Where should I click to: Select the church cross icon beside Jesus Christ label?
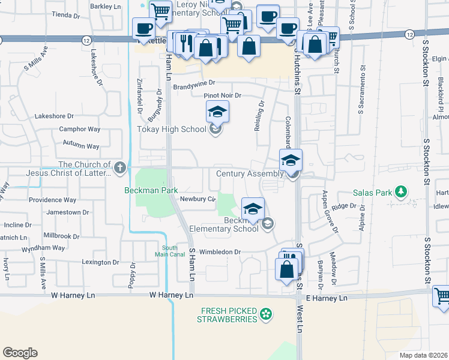pyautogui.click(x=120, y=168)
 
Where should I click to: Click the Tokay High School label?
pyautogui.click(x=171, y=129)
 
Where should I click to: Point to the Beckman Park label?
pyautogui.click(x=151, y=190)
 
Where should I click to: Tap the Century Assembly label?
pyautogui.click(x=249, y=174)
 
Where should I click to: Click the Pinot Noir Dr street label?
pyautogui.click(x=222, y=95)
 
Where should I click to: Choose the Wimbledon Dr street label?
pyautogui.click(x=220, y=252)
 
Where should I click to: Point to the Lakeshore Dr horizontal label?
pyautogui.click(x=54, y=116)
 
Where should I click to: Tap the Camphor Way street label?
pyautogui.click(x=79, y=129)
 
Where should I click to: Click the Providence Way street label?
pyautogui.click(x=53, y=200)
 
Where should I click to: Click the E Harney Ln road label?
pyautogui.click(x=327, y=298)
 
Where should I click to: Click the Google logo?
pyautogui.click(x=20, y=353)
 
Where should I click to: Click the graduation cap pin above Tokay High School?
pyautogui.click(x=217, y=111)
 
